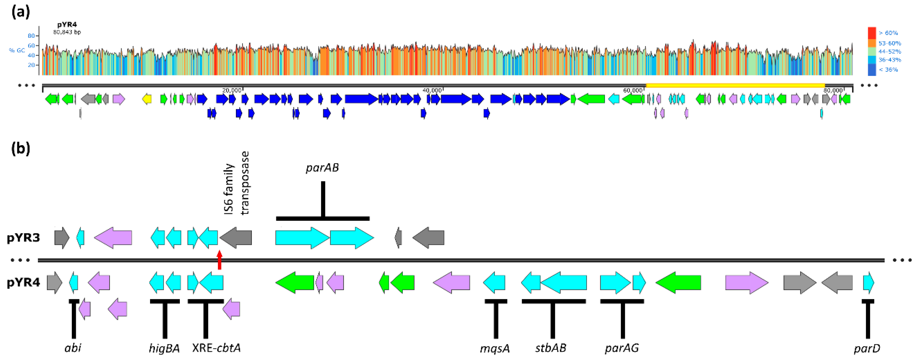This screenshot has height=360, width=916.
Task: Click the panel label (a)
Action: pyautogui.click(x=21, y=12)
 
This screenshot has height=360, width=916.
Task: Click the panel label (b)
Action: pyautogui.click(x=21, y=148)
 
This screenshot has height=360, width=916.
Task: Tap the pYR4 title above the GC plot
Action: pyautogui.click(x=67, y=25)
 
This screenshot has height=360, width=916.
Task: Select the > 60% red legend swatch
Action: pyautogui.click(x=872, y=33)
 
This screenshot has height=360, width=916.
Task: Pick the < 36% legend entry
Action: pyautogui.click(x=888, y=70)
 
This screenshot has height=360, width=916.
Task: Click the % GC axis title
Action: pyautogui.click(x=17, y=50)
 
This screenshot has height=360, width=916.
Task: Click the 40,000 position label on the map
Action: pyautogui.click(x=432, y=90)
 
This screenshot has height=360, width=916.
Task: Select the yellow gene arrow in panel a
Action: pyautogui.click(x=147, y=99)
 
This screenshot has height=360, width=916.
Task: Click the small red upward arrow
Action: pyautogui.click(x=219, y=260)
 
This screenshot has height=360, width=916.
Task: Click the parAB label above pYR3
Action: pyautogui.click(x=322, y=168)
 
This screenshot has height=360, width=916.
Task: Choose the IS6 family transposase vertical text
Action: pyautogui.click(x=236, y=184)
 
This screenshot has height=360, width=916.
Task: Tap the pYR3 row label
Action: pyautogui.click(x=24, y=238)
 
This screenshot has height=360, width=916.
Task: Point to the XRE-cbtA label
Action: pyautogui.click(x=216, y=348)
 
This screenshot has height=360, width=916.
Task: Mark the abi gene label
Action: pyautogui.click(x=73, y=348)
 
